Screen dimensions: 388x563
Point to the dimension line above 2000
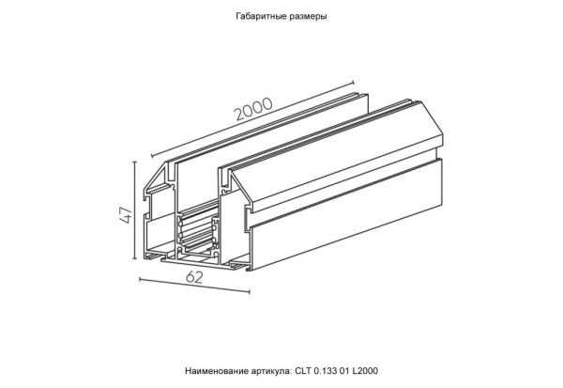[x=253, y=121]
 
